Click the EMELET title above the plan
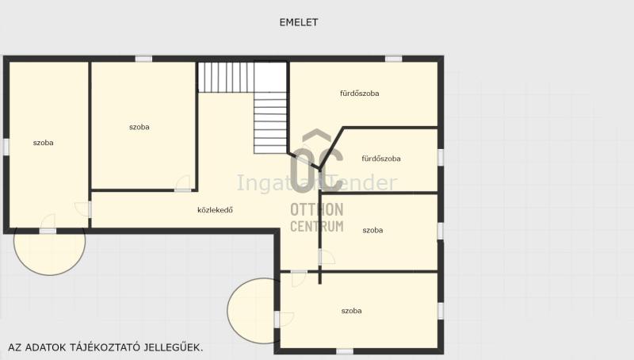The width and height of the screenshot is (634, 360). pyautogui.click(x=299, y=22)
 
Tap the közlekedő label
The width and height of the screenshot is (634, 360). pyautogui.click(x=215, y=210)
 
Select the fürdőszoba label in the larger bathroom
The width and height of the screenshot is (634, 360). pyautogui.click(x=360, y=94)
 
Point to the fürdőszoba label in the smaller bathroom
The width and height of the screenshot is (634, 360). pyautogui.click(x=381, y=159)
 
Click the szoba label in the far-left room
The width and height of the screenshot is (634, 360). pyautogui.click(x=44, y=143)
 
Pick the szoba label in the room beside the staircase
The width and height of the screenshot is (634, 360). pyautogui.click(x=139, y=127)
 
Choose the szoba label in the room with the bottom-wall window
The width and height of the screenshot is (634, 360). pyautogui.click(x=351, y=311)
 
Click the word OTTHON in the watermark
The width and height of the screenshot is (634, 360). pyautogui.click(x=317, y=209)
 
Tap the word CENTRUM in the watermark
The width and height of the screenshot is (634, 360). pyautogui.click(x=317, y=226)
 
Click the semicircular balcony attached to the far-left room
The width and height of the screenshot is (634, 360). pyautogui.click(x=49, y=251)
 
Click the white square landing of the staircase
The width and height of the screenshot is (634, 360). pyautogui.click(x=270, y=77)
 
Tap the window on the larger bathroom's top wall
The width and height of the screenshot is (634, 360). pyautogui.click(x=393, y=59)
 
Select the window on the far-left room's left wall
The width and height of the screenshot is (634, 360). pyautogui.click(x=6, y=147)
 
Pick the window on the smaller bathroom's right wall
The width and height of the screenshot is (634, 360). pyautogui.click(x=441, y=157)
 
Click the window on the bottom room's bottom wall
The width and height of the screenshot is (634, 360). pyautogui.click(x=345, y=351)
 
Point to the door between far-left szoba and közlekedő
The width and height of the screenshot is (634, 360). pyautogui.click(x=85, y=209)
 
